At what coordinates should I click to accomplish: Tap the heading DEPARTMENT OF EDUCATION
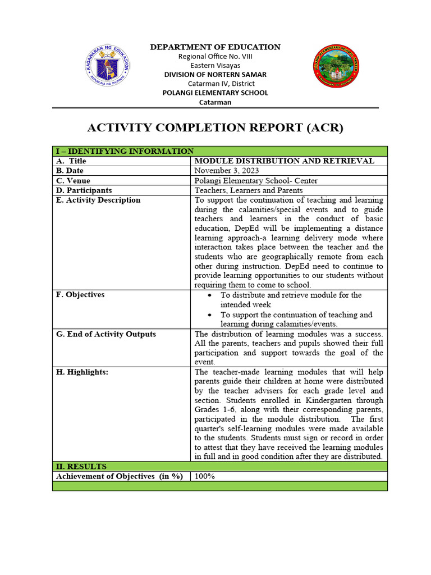click(215, 47)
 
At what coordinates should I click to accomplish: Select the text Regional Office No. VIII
click(215, 56)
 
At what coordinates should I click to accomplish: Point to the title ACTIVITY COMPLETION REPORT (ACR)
click(215, 128)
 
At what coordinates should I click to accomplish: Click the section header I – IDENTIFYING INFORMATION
click(124, 151)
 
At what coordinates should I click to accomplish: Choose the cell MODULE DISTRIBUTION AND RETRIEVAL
click(284, 161)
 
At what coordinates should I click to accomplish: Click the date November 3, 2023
click(227, 171)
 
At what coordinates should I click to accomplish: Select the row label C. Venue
click(73, 181)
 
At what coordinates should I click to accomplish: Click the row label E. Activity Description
click(98, 200)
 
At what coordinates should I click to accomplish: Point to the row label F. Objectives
click(80, 295)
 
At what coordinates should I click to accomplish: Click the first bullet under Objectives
click(209, 295)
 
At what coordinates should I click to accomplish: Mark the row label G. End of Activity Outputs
click(106, 334)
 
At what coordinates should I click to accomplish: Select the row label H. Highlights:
click(82, 372)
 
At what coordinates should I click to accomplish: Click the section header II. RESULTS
click(81, 467)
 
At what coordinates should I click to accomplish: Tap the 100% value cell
click(205, 476)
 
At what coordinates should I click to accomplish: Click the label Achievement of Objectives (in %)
click(120, 476)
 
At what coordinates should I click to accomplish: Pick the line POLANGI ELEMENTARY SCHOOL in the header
click(215, 93)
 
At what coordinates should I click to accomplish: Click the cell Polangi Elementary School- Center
click(256, 181)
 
